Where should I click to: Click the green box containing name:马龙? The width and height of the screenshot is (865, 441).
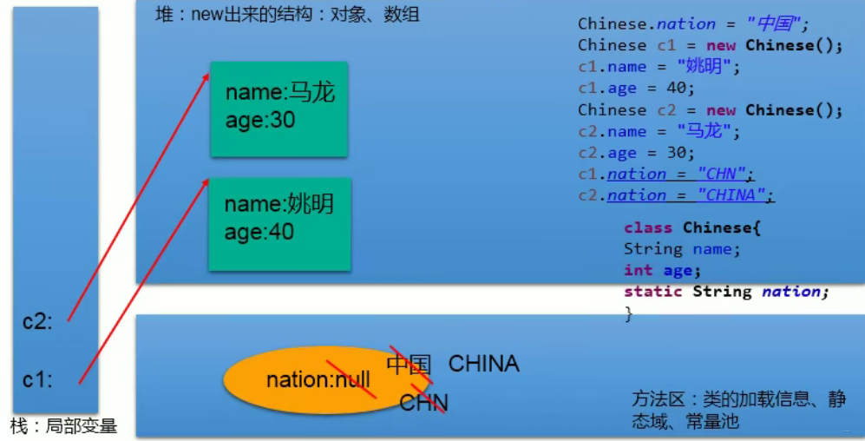[x=279, y=109]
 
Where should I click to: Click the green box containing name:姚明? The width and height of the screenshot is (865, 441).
[x=279, y=224]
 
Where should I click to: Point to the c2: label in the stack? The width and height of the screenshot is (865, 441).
[x=38, y=321]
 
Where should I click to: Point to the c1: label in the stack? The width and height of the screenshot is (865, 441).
[x=38, y=379]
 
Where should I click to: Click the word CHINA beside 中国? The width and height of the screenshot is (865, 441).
[x=483, y=364]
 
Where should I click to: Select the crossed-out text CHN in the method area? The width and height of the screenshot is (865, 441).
[x=423, y=403]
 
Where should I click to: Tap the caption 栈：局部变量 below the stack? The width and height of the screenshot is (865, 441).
[x=63, y=426]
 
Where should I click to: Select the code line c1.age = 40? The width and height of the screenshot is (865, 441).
[x=637, y=89]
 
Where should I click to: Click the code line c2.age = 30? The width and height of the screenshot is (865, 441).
[x=637, y=153]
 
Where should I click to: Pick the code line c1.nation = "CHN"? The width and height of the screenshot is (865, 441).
[x=666, y=174]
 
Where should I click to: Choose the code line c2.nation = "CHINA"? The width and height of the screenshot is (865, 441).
[x=676, y=195]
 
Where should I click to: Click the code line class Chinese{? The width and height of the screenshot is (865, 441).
[x=691, y=227]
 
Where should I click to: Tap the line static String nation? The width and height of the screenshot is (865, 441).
[x=726, y=292]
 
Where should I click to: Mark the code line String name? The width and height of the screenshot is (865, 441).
[x=682, y=249]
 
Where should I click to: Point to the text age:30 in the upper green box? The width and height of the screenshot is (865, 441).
[x=260, y=120]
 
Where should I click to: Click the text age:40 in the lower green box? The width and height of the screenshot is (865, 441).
[x=259, y=232]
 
